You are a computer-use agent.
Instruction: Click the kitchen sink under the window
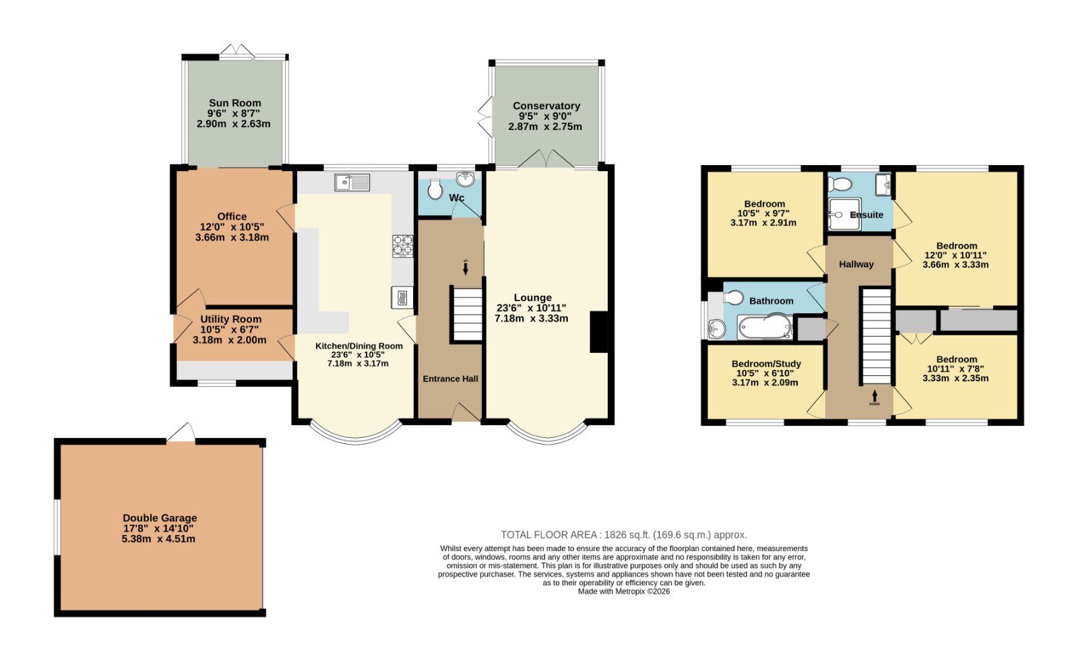(x=352, y=183)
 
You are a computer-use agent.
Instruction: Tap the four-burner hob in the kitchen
(x=403, y=246)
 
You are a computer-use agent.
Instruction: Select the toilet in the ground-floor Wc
(x=435, y=189)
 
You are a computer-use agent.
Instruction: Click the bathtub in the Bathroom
(x=765, y=327)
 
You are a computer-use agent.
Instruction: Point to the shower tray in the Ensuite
(x=845, y=214)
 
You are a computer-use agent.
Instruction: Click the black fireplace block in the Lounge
(x=599, y=332)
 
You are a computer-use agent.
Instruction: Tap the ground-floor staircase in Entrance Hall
(x=467, y=315)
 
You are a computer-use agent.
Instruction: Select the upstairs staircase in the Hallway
(x=877, y=336)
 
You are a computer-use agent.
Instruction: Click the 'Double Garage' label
(x=160, y=518)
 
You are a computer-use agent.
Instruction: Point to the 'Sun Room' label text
(x=235, y=103)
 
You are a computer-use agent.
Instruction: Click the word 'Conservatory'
(x=546, y=106)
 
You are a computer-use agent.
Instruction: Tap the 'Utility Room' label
(x=231, y=319)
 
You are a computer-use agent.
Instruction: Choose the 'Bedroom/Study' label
(x=766, y=364)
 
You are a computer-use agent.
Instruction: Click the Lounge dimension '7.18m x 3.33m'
(x=532, y=319)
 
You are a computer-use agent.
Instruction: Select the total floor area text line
(x=624, y=535)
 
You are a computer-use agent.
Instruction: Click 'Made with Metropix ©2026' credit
(x=624, y=592)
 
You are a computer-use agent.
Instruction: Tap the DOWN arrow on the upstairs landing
(x=875, y=396)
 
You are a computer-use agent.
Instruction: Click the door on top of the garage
(x=181, y=432)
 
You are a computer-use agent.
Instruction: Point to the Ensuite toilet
(x=839, y=183)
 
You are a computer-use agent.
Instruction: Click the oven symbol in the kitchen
(x=402, y=298)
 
